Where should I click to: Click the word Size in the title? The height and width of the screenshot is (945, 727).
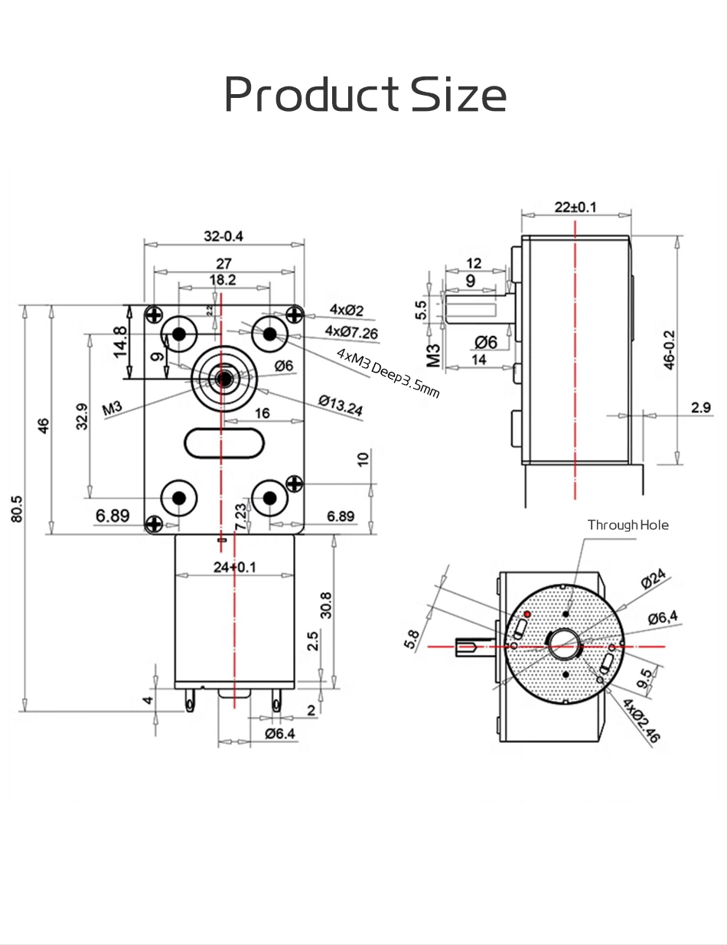pos(458,96)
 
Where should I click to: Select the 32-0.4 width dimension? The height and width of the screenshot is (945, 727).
pos(223,236)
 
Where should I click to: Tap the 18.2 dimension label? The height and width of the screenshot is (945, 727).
pos(223,280)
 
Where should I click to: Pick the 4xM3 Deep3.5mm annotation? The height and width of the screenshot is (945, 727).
pos(388,373)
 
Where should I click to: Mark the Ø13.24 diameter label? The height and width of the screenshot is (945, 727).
pos(340,406)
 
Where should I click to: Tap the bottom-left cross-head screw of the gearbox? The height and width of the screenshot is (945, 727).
pos(155,524)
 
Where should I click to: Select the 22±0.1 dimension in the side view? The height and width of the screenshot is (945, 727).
pos(575,207)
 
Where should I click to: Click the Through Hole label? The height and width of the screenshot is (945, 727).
pos(628,525)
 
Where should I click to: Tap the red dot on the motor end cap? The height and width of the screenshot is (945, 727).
pos(527,614)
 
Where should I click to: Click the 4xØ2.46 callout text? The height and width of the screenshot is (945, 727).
pos(641,721)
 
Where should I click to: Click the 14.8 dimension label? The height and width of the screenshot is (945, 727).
pos(119,341)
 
